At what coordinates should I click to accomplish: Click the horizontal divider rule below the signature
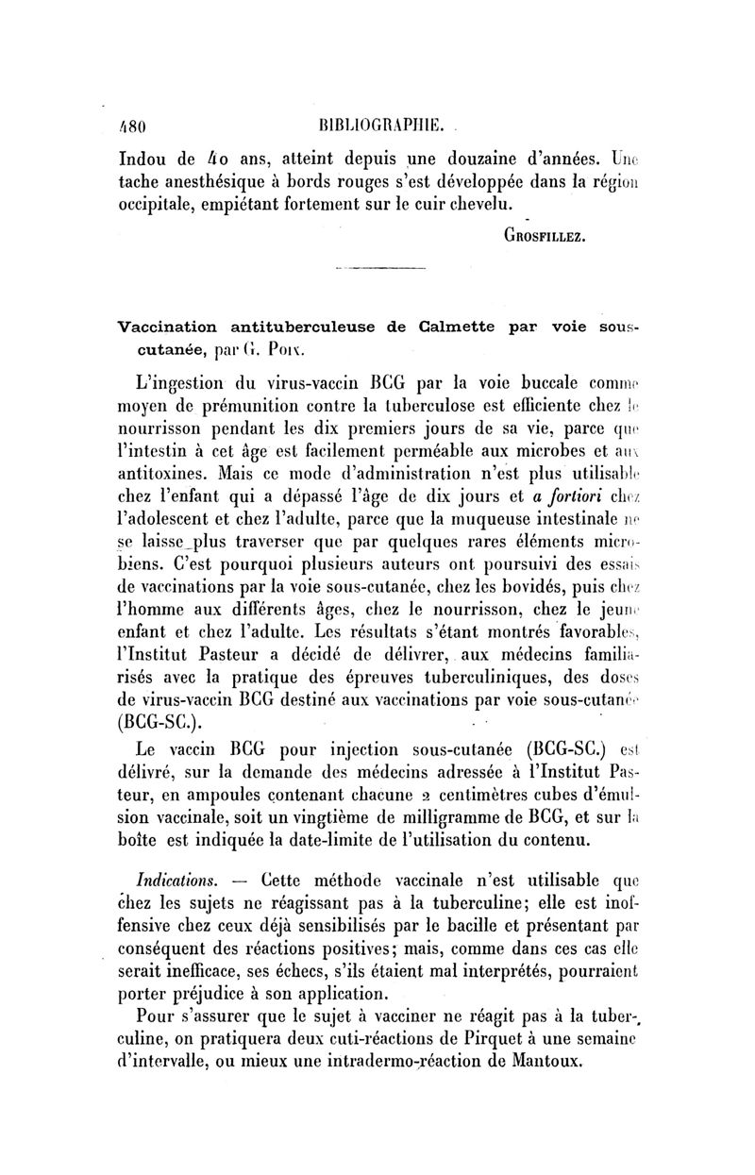point(375,270)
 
